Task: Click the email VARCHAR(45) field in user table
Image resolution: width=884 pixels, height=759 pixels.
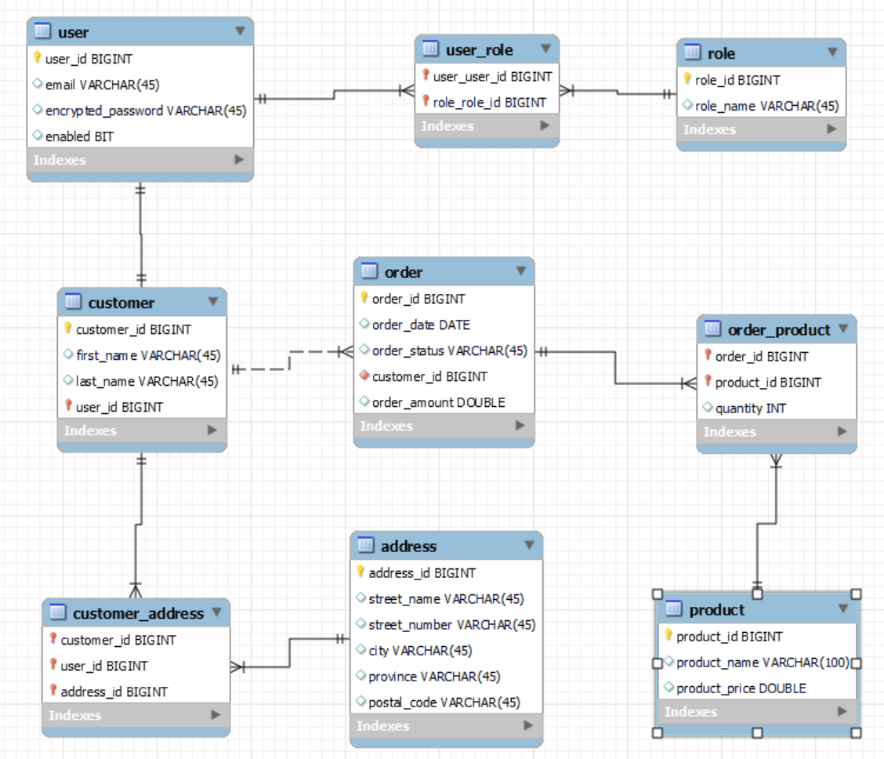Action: tap(102, 85)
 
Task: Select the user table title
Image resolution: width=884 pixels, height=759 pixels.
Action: tap(73, 32)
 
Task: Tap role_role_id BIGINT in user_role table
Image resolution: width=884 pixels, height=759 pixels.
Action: tap(489, 102)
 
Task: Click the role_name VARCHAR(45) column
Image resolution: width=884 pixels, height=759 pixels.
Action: tap(766, 106)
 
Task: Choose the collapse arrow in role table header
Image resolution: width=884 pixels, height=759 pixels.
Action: tap(832, 53)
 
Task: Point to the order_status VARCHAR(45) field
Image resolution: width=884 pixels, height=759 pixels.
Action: tap(449, 350)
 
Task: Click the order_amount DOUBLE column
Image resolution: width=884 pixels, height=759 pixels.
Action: tap(438, 402)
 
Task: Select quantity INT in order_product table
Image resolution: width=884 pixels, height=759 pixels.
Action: tap(750, 408)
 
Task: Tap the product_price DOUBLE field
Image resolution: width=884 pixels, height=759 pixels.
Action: tap(741, 688)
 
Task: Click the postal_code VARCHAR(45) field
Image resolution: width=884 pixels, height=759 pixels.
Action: tap(444, 702)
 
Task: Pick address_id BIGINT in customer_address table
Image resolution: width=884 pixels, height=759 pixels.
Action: tap(114, 692)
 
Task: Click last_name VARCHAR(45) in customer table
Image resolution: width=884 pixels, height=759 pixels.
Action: tap(147, 381)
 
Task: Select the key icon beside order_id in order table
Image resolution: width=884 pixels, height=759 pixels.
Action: tap(364, 298)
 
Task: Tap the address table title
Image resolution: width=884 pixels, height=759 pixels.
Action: tap(408, 546)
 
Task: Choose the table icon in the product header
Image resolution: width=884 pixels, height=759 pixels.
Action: tap(673, 609)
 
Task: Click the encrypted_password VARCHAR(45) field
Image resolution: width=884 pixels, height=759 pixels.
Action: tap(145, 111)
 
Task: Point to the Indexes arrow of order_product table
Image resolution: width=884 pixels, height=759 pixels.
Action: tap(842, 431)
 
